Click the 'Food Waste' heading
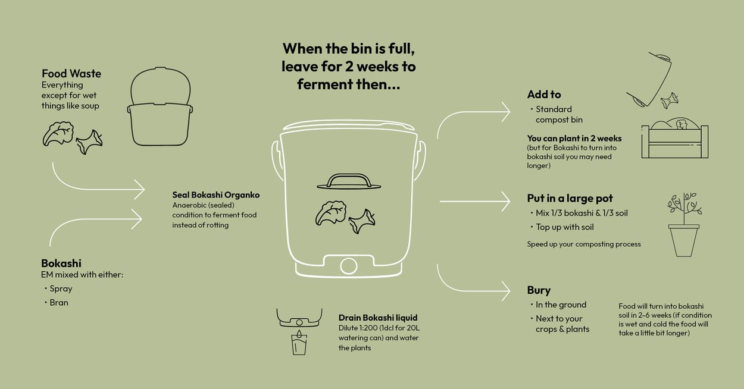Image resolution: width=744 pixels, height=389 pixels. (71, 74)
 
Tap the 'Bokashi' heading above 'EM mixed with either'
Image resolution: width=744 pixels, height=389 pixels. (61, 263)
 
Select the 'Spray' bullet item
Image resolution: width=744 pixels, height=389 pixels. (61, 288)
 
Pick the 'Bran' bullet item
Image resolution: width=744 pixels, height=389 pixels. (59, 302)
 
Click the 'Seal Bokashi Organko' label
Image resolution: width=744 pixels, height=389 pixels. (216, 195)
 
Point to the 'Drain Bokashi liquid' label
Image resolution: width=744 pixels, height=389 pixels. (378, 318)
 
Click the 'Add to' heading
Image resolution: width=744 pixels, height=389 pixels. (544, 95)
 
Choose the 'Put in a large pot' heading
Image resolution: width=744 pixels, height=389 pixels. (570, 199)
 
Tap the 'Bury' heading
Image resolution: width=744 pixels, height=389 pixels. (539, 290)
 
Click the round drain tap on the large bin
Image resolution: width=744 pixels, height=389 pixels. (348, 265)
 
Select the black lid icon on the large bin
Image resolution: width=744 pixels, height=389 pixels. (349, 181)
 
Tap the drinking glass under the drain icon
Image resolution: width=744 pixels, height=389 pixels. (299, 344)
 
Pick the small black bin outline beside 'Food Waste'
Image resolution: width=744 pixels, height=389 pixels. (160, 108)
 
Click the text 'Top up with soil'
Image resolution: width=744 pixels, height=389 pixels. (565, 227)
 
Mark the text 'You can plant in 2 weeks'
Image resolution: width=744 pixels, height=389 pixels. (574, 139)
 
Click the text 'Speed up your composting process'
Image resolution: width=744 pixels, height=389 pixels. (584, 244)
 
